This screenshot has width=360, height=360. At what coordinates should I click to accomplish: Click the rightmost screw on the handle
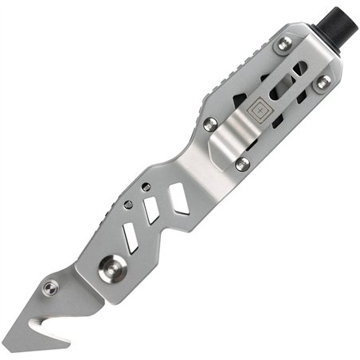[323, 80]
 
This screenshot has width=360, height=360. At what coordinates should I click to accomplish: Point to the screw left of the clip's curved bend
[210, 123]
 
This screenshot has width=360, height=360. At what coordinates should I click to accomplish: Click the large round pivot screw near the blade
[109, 268]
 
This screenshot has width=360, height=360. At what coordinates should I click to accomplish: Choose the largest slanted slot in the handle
[179, 198]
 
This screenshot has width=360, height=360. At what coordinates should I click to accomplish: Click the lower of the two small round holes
[128, 204]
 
